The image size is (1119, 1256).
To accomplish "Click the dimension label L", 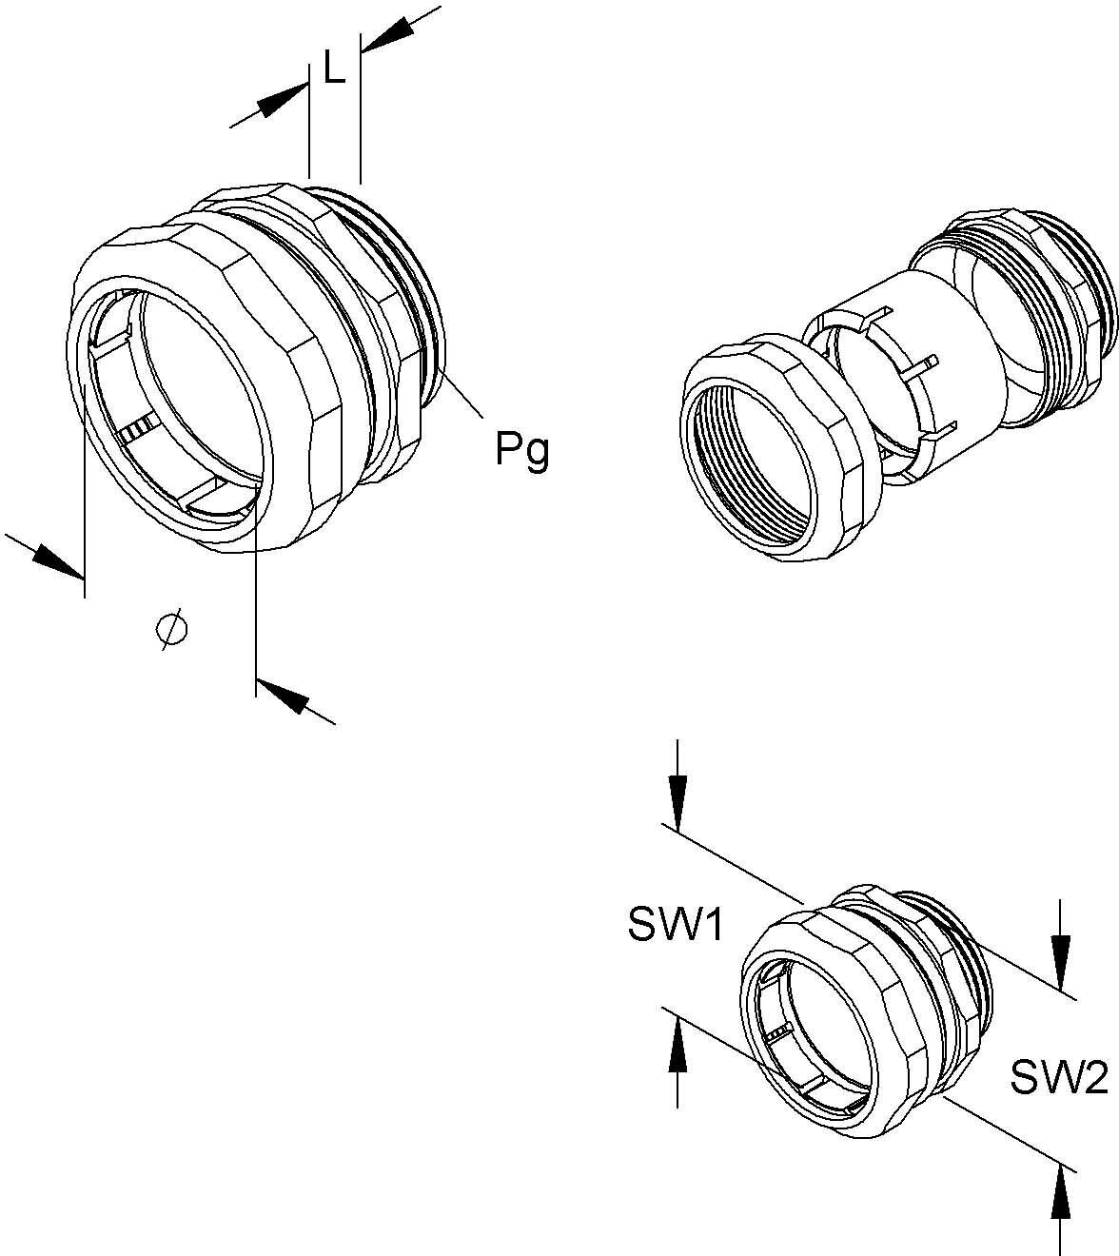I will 334,69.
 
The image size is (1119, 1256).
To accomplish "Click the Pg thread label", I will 521,449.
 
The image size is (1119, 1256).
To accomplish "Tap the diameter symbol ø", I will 171,629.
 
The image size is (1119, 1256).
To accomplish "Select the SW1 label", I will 677,924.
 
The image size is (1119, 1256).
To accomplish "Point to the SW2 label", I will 1059,1078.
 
